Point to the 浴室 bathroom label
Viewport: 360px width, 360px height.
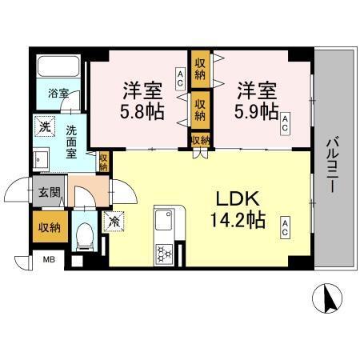57,94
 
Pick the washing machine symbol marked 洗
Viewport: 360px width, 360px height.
46,126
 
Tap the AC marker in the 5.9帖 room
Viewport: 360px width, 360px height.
284,122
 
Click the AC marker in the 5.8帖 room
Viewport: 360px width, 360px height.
180,78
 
